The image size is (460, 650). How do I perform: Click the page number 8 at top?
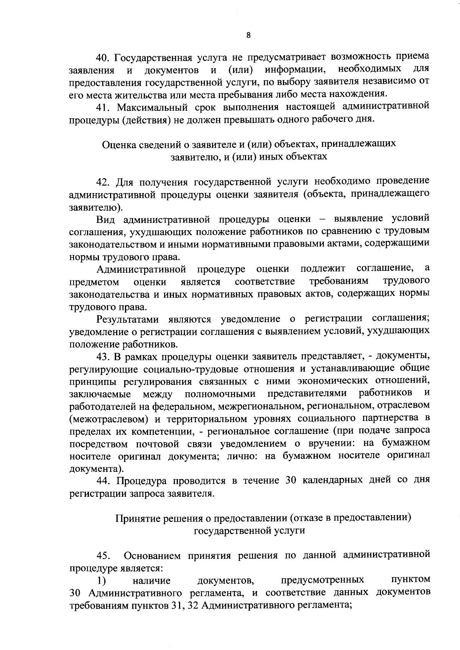click(248, 35)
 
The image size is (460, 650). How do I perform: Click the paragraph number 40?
click(103, 58)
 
